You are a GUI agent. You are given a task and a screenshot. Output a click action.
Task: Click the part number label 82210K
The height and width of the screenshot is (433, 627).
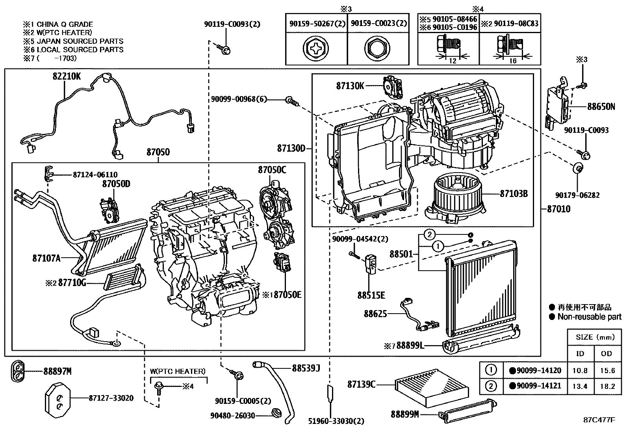tap(67, 76)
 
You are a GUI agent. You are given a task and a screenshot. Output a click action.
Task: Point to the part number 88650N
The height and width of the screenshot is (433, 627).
tap(601, 106)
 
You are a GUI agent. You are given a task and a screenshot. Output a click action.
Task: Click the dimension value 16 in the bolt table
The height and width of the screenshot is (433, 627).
tap(512, 61)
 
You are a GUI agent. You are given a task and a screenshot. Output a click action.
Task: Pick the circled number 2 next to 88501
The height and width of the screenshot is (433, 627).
tap(430, 235)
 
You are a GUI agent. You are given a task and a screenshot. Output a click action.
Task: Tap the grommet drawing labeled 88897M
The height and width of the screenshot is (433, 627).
tap(17, 371)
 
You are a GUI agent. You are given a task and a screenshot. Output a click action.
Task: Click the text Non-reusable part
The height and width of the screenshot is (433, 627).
tap(589, 316)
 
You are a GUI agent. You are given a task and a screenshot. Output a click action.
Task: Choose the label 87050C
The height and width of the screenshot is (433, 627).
tap(272, 170)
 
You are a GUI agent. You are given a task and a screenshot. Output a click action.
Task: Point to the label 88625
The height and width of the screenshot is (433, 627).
tap(375, 314)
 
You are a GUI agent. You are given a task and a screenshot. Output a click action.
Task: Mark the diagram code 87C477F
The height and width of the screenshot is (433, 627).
tap(599, 420)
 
